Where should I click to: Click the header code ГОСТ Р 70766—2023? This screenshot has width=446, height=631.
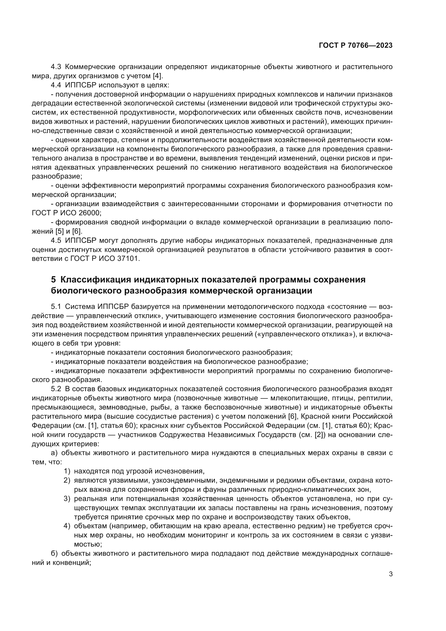(356, 46)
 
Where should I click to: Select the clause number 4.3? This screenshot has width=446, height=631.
(56, 67)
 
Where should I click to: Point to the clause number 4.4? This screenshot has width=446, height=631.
(56, 85)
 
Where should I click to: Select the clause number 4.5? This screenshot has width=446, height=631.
(56, 240)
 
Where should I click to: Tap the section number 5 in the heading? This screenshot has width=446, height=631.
(53, 280)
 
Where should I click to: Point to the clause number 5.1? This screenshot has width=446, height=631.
(56, 306)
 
